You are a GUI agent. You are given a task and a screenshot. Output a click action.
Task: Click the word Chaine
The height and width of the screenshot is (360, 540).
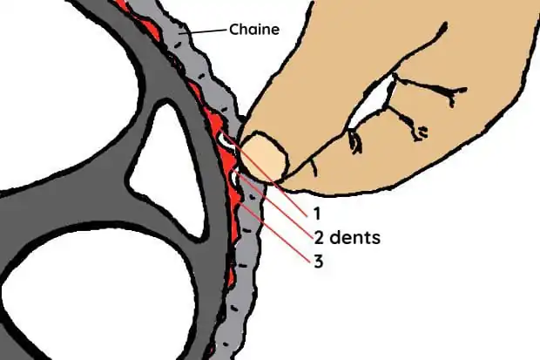click(x=254, y=30)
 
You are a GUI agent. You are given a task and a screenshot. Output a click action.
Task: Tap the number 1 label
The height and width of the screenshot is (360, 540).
click(x=317, y=214)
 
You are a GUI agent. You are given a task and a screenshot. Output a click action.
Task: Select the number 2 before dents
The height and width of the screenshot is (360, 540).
click(x=319, y=238)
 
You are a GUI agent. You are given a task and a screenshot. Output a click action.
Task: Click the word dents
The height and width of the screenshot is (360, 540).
click(x=355, y=237)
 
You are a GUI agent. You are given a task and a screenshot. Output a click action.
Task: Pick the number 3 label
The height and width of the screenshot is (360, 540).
click(x=319, y=262)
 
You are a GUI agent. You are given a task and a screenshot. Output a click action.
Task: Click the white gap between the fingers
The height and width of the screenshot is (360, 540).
click(x=372, y=101)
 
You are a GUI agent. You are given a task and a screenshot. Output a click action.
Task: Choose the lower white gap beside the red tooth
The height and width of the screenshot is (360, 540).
click(x=234, y=179)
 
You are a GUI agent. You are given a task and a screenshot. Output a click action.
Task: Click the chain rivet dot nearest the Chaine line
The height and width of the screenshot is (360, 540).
click(x=177, y=44)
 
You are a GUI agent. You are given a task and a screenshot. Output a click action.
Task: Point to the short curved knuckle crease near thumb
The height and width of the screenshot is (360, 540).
click(x=314, y=167)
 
